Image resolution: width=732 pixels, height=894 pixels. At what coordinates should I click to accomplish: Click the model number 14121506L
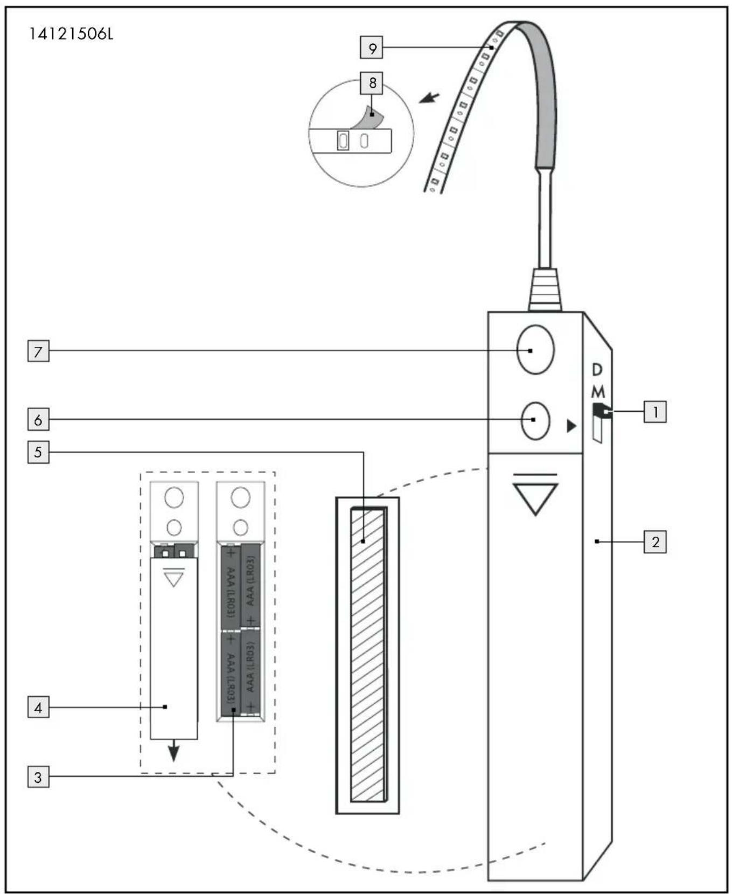(x=71, y=35)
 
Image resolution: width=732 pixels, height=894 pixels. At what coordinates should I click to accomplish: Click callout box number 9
(x=372, y=47)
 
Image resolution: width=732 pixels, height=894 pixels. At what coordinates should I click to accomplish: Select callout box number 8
(x=372, y=83)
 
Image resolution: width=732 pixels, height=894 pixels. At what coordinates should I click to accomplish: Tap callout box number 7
(x=38, y=351)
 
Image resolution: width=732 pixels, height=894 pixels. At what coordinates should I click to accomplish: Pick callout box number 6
(x=38, y=419)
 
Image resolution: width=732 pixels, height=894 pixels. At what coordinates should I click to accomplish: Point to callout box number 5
(x=38, y=452)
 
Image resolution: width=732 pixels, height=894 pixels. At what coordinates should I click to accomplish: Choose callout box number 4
(x=38, y=707)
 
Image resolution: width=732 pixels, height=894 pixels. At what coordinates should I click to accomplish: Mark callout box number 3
(x=38, y=777)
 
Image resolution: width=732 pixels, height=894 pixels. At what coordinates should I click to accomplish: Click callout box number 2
(x=655, y=542)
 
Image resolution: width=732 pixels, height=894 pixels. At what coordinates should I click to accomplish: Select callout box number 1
(x=655, y=412)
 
